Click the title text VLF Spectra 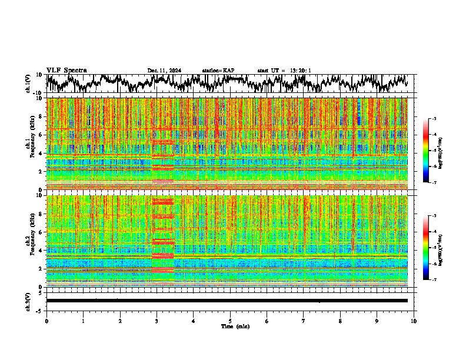[66, 70]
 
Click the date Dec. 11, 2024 [164, 71]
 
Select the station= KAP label [218, 71]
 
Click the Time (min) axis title [230, 326]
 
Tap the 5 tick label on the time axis [230, 321]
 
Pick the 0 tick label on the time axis [46, 321]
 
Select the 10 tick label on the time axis [414, 321]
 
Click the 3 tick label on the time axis [157, 321]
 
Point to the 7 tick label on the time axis [304, 321]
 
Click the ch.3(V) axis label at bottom [28, 301]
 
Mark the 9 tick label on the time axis [377, 321]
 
